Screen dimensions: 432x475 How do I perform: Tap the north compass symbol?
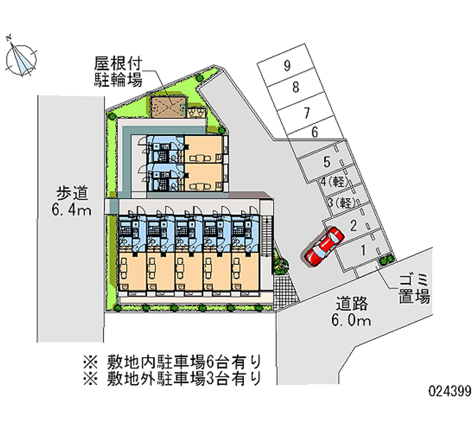coord(20,58)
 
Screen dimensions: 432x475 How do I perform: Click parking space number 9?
coord(287,66)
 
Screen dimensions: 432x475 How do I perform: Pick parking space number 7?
coord(306,111)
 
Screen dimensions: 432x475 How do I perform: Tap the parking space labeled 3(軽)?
coord(341,202)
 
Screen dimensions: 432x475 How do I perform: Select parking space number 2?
coord(353,225)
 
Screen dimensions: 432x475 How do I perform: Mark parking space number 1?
coord(363,248)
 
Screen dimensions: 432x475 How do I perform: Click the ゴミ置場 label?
coord(414,288)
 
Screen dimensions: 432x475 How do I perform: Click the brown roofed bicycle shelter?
coord(169,108)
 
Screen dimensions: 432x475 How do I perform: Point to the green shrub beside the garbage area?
coord(387,258)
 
